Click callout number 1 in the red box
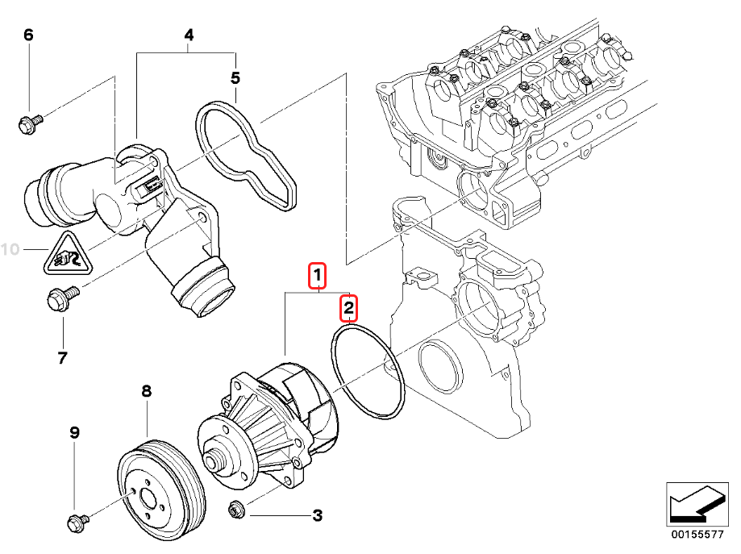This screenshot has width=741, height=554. tap(317, 275)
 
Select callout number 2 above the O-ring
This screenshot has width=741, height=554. tap(348, 308)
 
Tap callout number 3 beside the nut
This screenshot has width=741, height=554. tap(318, 515)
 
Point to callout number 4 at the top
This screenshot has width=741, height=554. tap(189, 35)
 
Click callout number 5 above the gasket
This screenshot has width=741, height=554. tap(235, 77)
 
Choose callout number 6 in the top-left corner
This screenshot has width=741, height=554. tap(28, 35)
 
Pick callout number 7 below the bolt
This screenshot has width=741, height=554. tap(62, 358)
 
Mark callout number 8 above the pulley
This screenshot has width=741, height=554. tap(147, 391)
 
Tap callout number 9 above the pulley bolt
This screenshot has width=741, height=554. tap(75, 432)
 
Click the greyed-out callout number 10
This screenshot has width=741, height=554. tap(10, 249)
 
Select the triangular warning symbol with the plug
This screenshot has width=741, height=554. tap(68, 254)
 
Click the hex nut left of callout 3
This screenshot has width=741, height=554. tap(236, 510)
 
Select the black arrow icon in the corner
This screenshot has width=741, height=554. tap(697, 504)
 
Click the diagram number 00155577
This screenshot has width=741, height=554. tap(697, 535)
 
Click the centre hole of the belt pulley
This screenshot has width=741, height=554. tap(149, 500)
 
